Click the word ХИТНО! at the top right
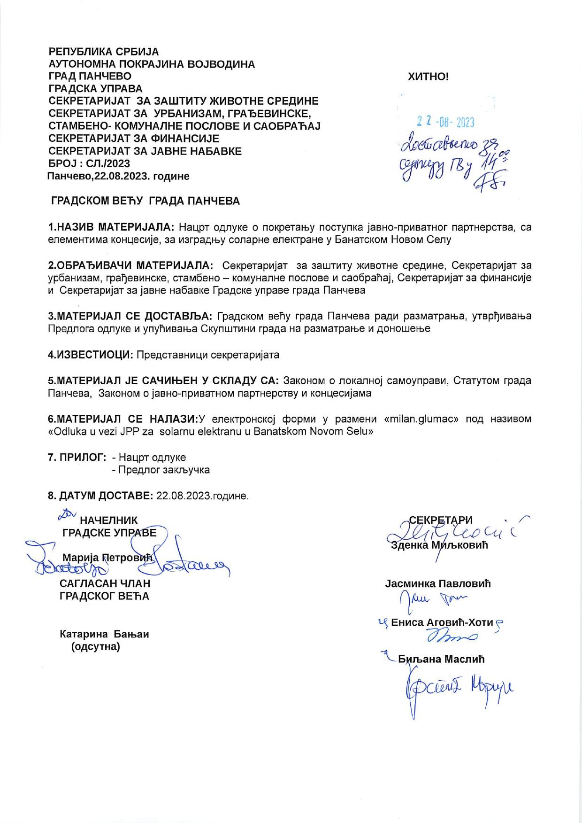tap(428, 77)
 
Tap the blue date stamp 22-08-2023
tap(445, 123)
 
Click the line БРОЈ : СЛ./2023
tap(89, 163)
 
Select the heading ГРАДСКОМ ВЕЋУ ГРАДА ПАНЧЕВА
tap(145, 201)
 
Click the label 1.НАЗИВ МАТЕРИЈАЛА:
tap(111, 227)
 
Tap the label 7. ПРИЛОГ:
tap(77, 457)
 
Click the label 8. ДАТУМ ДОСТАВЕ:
tap(100, 496)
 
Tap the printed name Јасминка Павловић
tap(438, 584)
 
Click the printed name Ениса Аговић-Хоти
tap(442, 622)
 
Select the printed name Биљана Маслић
tap(441, 659)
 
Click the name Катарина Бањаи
tap(104, 634)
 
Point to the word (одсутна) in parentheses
tap(96, 647)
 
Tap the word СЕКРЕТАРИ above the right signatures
tap(441, 520)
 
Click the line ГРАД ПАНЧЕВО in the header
tap(90, 76)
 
